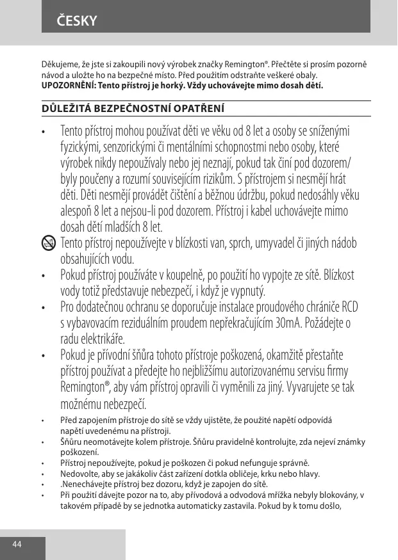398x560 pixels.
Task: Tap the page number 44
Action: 17,544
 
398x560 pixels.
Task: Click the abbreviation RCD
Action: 350,307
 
